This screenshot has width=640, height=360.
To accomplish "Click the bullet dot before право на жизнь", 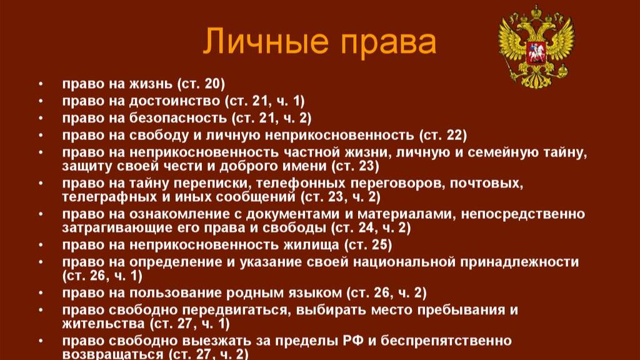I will click(41, 84).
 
